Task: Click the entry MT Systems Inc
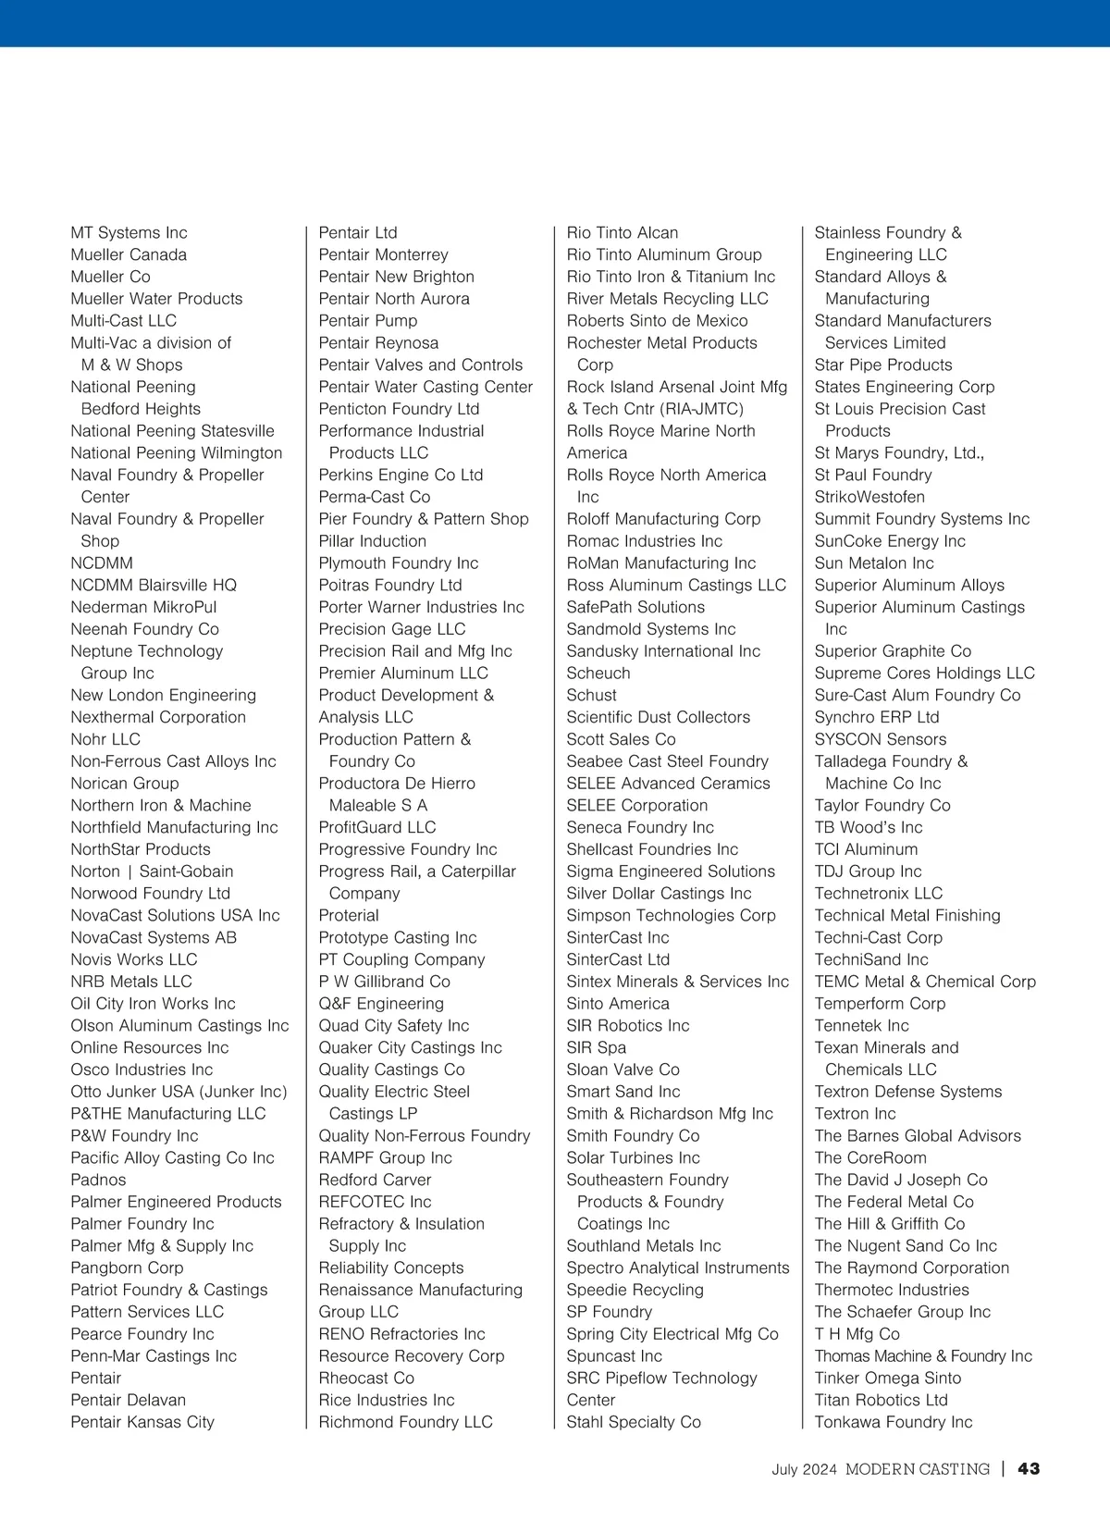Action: point(129,233)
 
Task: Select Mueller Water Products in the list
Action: point(156,299)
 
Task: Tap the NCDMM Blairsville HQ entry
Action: point(154,586)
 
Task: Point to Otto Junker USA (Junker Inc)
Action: point(179,1092)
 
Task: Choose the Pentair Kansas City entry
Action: point(142,1422)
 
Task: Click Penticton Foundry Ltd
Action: point(399,409)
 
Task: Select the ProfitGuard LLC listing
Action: point(376,827)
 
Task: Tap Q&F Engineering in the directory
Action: point(381,1004)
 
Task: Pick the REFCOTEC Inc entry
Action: point(375,1202)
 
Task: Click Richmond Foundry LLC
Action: point(405,1422)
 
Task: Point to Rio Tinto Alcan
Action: point(622,233)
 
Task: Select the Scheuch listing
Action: point(598,674)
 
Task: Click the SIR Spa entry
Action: point(596,1047)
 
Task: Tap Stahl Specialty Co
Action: point(634,1422)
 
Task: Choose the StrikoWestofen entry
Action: point(869,497)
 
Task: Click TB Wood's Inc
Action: point(868,827)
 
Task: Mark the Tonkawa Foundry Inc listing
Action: point(893,1422)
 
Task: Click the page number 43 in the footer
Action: point(1029,1469)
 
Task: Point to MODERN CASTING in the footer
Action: point(917,1469)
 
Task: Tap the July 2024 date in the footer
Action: point(804,1469)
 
